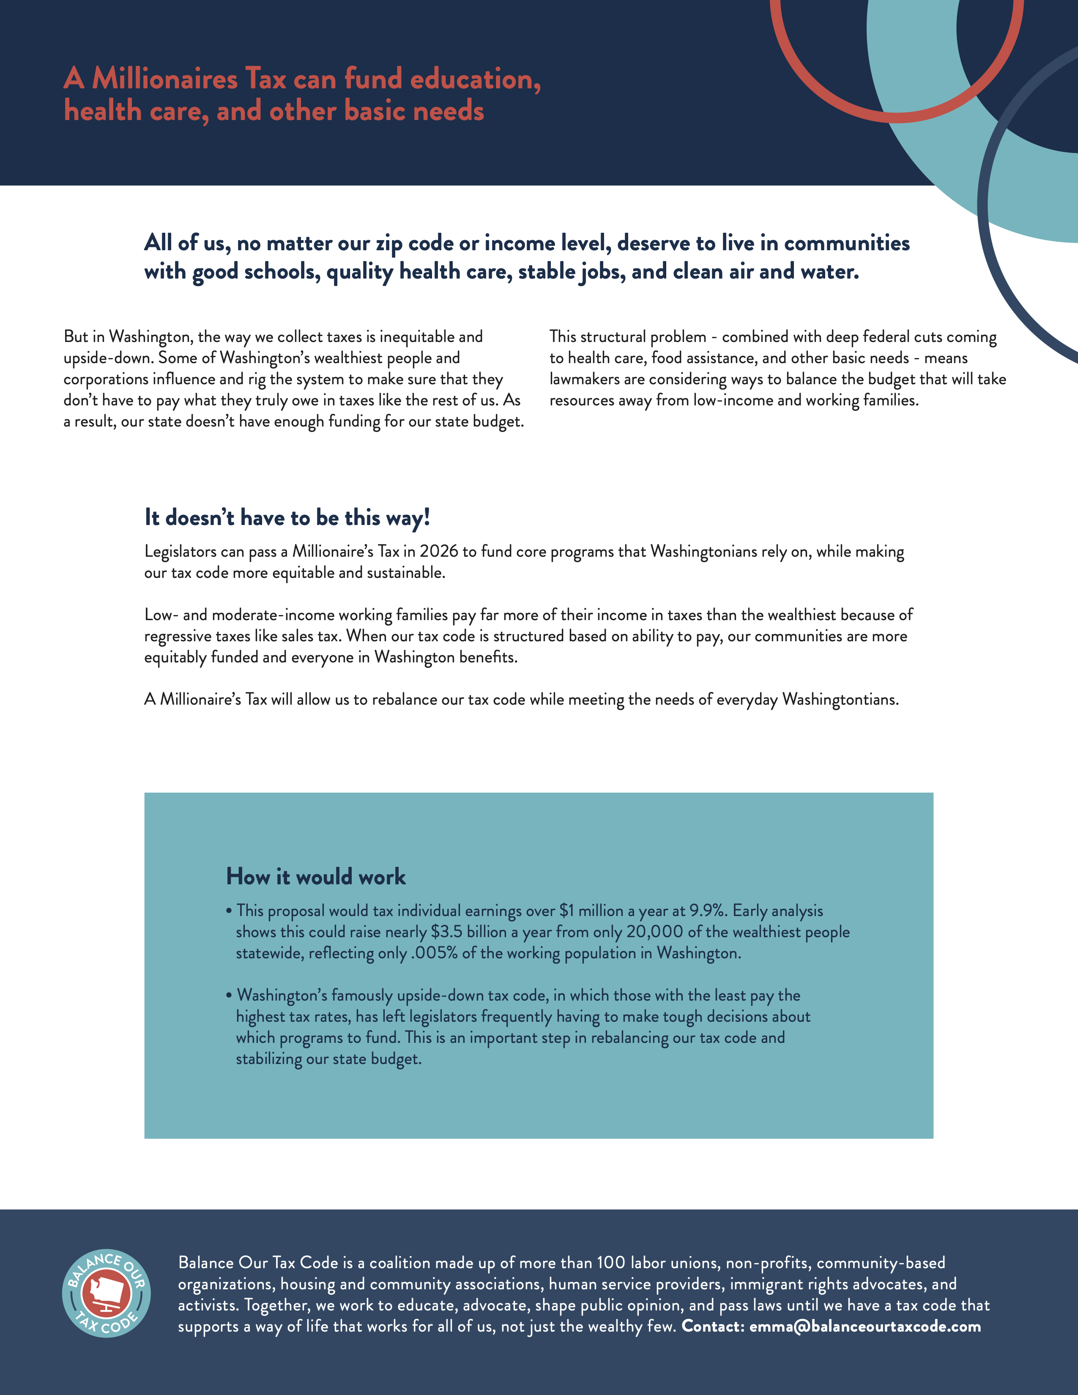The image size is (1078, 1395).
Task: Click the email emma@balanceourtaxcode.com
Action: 865,1327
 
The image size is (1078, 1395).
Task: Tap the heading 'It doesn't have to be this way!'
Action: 287,517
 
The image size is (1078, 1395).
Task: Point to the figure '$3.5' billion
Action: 446,932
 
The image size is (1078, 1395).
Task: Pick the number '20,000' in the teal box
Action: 654,932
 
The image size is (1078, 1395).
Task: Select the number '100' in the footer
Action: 610,1263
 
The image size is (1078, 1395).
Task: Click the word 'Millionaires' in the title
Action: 165,79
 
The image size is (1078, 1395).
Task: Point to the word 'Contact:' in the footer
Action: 713,1327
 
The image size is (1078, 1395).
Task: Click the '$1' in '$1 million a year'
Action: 566,911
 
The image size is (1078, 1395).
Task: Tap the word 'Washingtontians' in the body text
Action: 840,700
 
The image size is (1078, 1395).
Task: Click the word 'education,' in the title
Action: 475,79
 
